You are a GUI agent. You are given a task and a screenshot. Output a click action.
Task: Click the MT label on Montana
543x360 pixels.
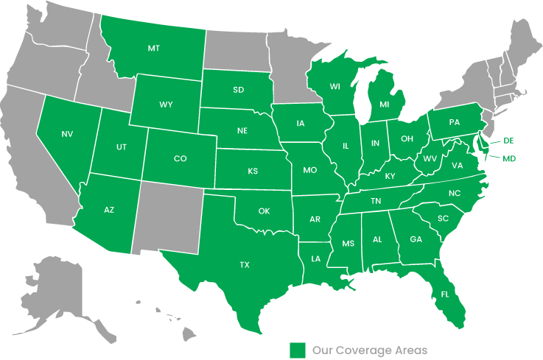[153, 49]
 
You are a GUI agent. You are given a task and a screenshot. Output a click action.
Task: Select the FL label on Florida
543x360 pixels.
[445, 294]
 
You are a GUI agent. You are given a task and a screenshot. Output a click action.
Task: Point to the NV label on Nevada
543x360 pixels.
[67, 134]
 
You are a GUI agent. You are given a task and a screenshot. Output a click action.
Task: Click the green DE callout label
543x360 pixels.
[508, 140]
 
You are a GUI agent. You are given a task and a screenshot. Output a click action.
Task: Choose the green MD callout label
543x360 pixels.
[509, 158]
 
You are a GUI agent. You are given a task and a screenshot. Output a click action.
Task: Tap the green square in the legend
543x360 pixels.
[298, 350]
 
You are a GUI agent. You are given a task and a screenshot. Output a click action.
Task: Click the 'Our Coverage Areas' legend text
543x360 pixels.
[369, 350]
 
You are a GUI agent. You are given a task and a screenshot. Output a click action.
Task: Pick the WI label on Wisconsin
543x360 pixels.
[334, 87]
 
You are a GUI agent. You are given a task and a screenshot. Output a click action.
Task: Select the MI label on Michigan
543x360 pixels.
[384, 105]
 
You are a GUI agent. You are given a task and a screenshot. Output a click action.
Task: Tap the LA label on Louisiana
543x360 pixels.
[315, 258]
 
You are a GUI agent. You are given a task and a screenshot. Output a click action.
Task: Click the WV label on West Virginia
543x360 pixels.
[430, 159]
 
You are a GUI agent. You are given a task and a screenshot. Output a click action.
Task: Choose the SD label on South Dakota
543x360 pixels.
[239, 91]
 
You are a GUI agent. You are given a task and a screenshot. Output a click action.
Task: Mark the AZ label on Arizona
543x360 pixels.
[109, 211]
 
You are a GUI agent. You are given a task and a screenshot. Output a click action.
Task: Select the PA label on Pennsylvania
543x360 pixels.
[454, 121]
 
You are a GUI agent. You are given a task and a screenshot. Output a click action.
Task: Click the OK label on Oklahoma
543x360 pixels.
[264, 211]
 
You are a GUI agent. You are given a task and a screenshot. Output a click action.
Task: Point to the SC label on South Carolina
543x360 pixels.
[443, 219]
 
